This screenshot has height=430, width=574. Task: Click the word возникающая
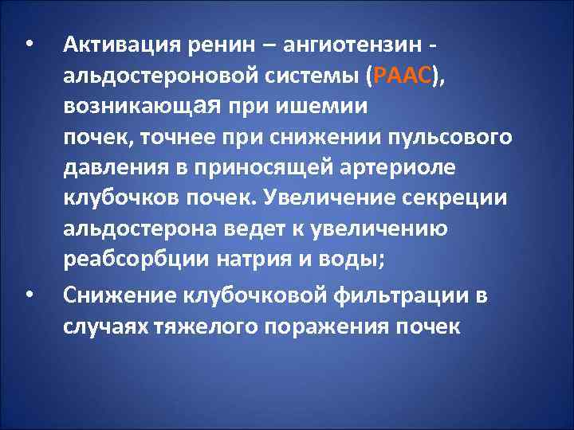point(140,106)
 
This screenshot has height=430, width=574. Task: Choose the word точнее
point(175,137)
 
